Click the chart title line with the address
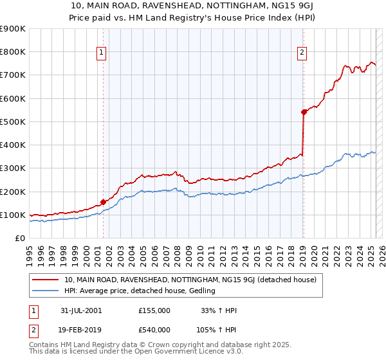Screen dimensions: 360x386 tap(193, 6)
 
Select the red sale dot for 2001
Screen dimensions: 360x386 tap(103, 202)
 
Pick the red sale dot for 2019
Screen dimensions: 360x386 tap(304, 112)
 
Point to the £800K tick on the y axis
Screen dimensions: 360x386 tap(14, 52)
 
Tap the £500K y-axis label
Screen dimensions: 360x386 tap(14, 122)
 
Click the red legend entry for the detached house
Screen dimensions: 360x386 tap(190, 280)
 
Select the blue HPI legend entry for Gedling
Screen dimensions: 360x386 tap(143, 291)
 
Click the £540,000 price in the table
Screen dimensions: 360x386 tap(154, 330)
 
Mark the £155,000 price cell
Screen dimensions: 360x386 tap(154, 310)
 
